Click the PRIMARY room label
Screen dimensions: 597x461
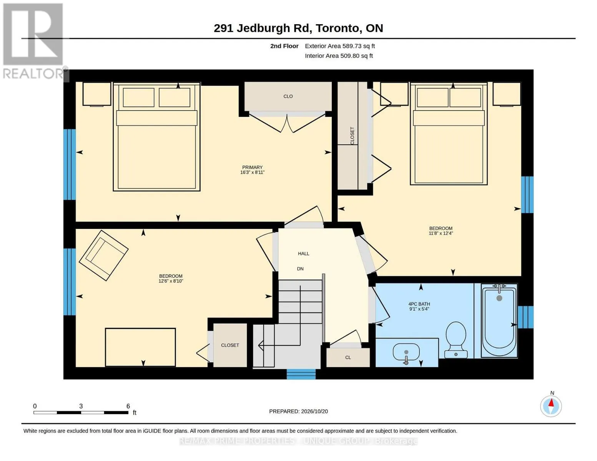[x=252, y=167]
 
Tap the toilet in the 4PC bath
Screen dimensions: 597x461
[x=456, y=340]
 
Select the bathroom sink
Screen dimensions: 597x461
[x=406, y=353]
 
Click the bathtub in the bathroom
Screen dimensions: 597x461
[x=499, y=321]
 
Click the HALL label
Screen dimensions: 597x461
[x=304, y=254]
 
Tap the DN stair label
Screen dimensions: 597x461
[x=300, y=269]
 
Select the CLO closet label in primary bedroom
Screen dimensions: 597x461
[x=288, y=96]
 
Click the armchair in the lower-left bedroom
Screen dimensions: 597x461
[x=103, y=255]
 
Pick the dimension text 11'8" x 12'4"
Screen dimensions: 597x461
[x=441, y=234]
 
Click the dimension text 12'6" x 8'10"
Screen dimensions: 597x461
[x=171, y=281]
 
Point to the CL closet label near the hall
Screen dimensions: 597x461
[x=348, y=358]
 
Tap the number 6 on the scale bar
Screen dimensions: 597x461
[x=128, y=406]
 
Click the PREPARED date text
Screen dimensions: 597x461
[x=298, y=411]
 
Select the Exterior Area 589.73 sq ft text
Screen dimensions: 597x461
[x=340, y=46]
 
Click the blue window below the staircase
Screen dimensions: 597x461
[x=301, y=374]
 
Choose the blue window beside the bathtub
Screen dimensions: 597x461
[x=525, y=317]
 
